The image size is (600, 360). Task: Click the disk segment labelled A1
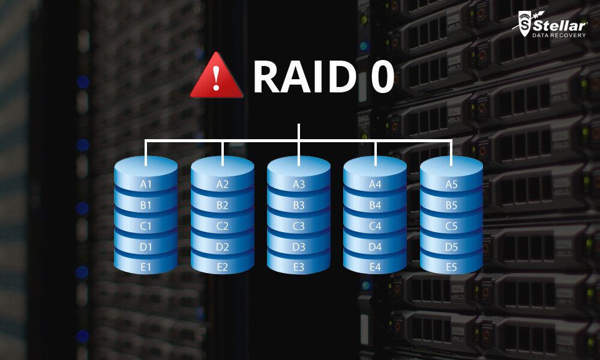click(146, 184)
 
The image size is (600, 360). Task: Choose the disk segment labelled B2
click(223, 205)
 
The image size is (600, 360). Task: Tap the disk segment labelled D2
click(223, 247)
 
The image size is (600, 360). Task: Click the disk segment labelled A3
click(299, 184)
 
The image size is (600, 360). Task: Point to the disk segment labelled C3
click(299, 226)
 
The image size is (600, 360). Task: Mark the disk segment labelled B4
click(375, 205)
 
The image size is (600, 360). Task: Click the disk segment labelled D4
click(375, 247)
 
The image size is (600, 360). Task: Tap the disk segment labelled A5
click(451, 184)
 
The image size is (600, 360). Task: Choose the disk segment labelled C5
click(451, 226)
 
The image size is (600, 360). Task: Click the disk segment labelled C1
click(146, 226)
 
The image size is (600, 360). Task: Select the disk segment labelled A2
click(223, 184)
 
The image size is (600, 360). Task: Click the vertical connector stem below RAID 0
click(299, 132)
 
